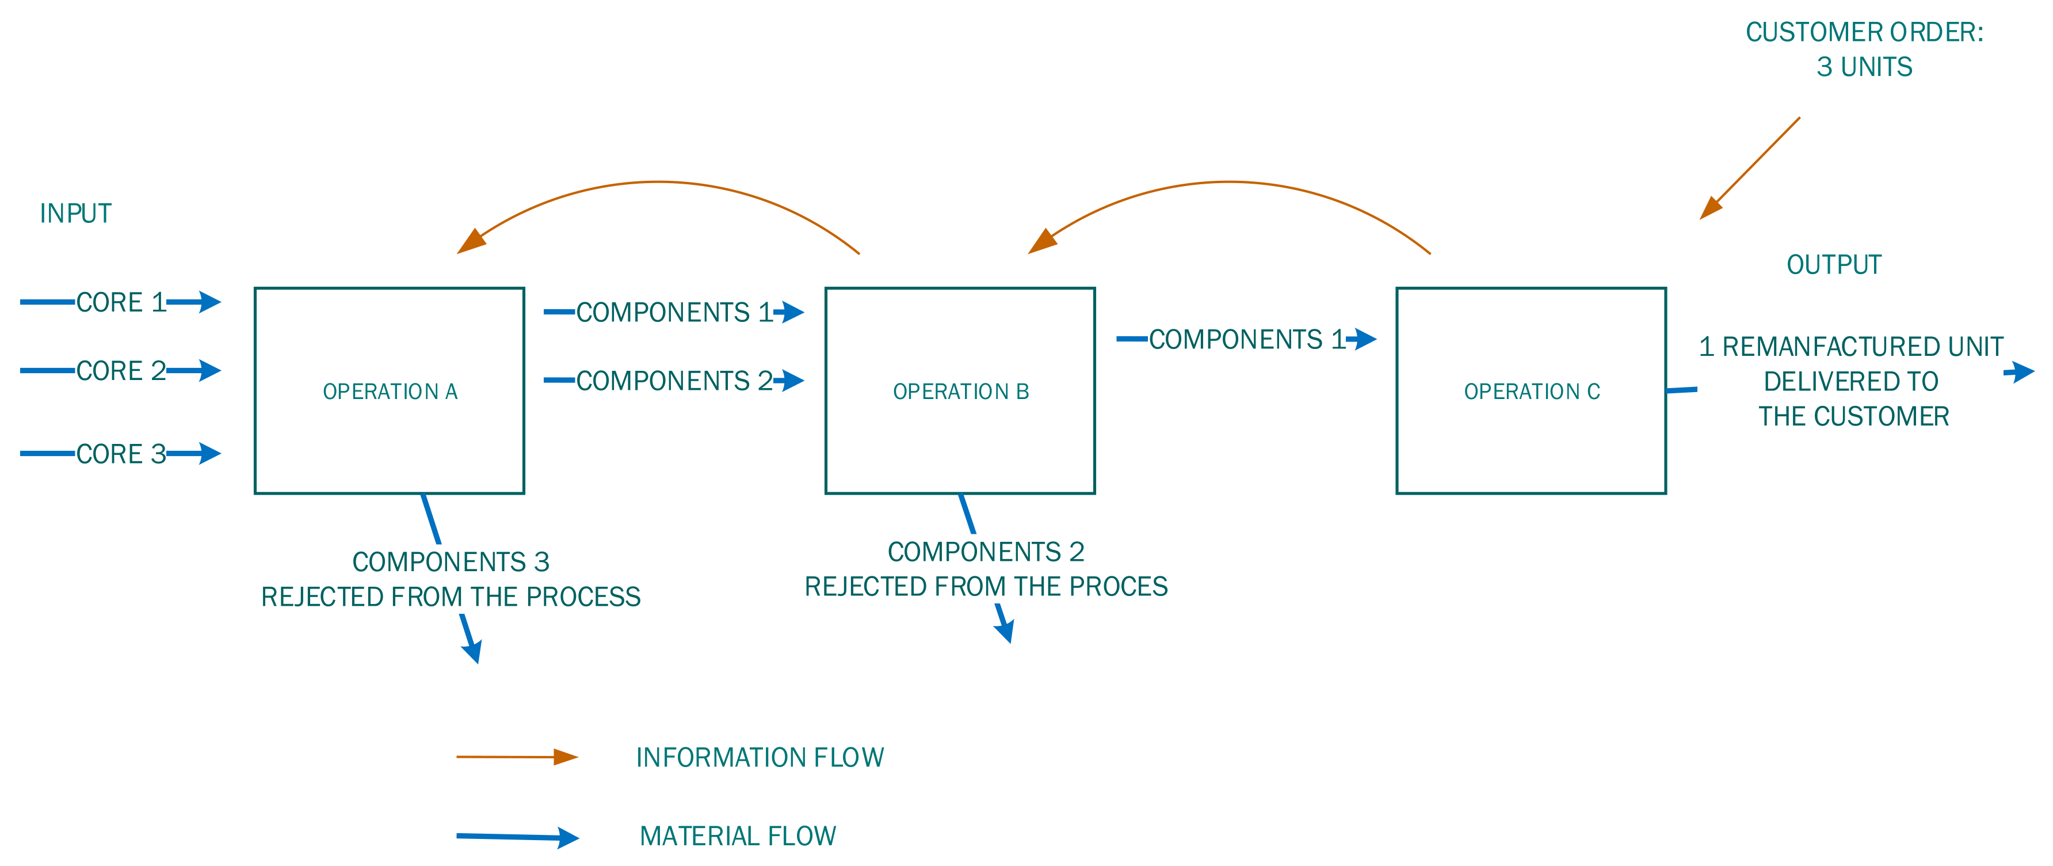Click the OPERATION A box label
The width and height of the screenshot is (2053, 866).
coord(390,392)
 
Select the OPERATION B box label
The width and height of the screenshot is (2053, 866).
coord(960,392)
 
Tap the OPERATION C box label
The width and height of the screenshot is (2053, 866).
coord(1531,392)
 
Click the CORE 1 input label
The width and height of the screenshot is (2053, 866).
coord(120,302)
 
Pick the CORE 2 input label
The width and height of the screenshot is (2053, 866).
coord(120,371)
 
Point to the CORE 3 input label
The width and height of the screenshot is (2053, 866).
coord(120,454)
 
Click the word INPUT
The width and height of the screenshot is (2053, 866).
coord(76,213)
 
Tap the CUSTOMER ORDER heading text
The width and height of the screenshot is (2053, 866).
coord(1863,32)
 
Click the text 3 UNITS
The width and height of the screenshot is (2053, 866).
coord(1863,67)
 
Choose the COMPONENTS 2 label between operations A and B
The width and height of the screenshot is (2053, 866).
coord(673,381)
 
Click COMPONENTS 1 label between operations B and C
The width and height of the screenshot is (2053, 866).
coord(1246,339)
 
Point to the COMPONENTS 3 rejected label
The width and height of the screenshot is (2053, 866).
coord(451,562)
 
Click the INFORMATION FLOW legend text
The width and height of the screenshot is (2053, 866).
coord(759,757)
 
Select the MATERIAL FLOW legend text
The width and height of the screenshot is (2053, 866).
coord(737,835)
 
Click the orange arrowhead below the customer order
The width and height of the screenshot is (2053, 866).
coord(1709,209)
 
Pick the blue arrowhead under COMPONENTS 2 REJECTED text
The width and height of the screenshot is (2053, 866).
coord(1006,630)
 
